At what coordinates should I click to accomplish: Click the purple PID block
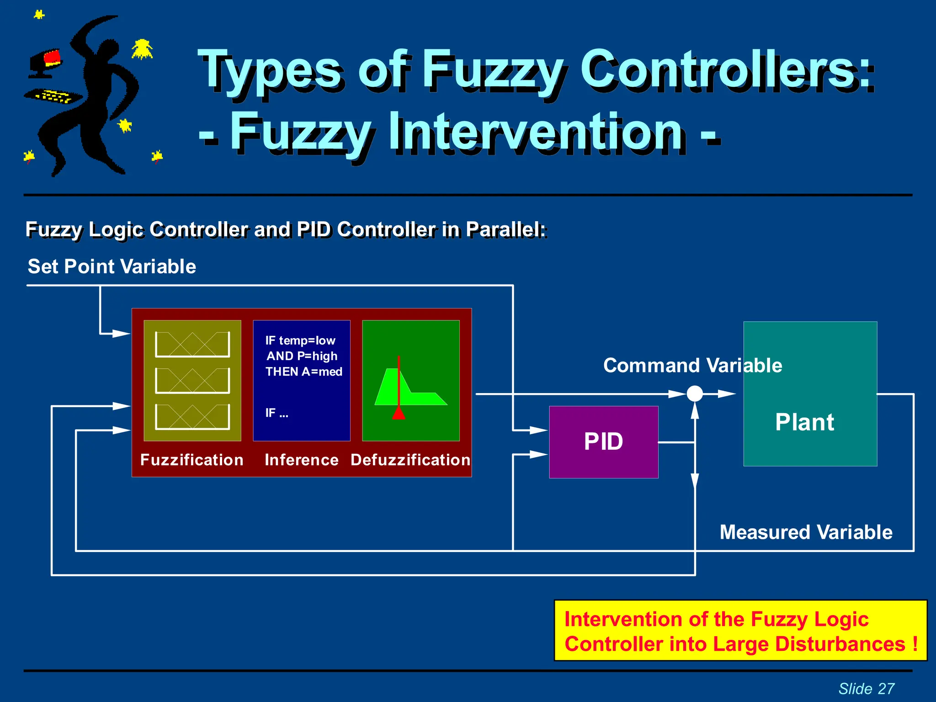(603, 441)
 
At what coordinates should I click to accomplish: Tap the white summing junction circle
(695, 394)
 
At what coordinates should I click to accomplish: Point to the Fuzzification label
(192, 460)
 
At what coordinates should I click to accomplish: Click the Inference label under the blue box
(302, 460)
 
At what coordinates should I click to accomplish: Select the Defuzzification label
(410, 460)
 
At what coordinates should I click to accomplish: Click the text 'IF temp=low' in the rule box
(300, 340)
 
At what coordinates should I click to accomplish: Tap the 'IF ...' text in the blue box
(277, 413)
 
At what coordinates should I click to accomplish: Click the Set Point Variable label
(112, 266)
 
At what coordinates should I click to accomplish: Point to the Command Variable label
(692, 366)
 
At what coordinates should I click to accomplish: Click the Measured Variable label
(806, 532)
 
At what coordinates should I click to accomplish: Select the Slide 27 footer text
(866, 688)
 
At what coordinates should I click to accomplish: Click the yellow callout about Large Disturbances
(740, 631)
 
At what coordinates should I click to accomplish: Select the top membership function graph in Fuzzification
(192, 344)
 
